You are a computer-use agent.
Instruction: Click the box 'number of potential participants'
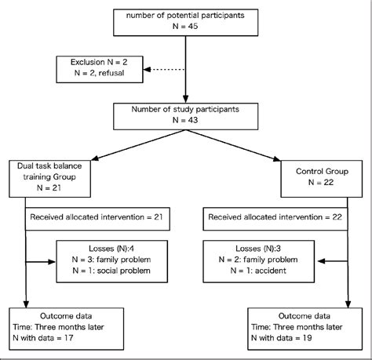[x=186, y=22]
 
